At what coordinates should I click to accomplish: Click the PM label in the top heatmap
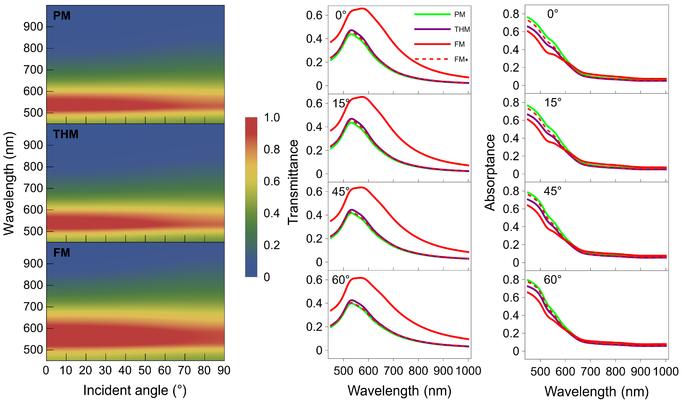(62, 16)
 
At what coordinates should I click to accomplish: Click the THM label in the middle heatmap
(65, 134)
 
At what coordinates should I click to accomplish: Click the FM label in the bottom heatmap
(62, 253)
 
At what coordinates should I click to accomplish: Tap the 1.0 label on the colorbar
(272, 118)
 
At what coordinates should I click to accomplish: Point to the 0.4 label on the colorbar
(272, 213)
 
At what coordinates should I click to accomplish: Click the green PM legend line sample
(432, 14)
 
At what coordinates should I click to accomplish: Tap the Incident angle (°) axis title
(135, 390)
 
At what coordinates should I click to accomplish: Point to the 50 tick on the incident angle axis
(145, 371)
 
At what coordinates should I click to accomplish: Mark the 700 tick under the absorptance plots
(590, 372)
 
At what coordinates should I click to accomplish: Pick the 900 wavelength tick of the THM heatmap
(33, 145)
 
